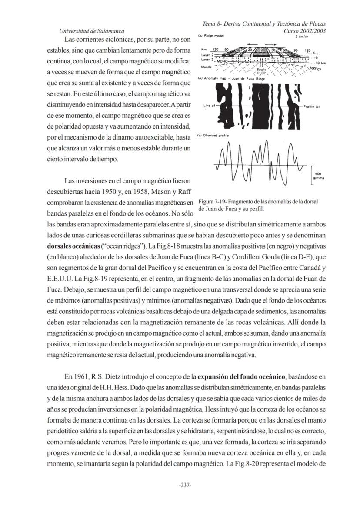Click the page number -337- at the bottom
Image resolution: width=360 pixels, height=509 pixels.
[186, 485]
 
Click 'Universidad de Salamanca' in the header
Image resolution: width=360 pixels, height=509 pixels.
[91, 31]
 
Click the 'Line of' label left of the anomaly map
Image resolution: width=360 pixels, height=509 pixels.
[210, 106]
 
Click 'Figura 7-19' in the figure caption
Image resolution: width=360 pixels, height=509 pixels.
[213, 202]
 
